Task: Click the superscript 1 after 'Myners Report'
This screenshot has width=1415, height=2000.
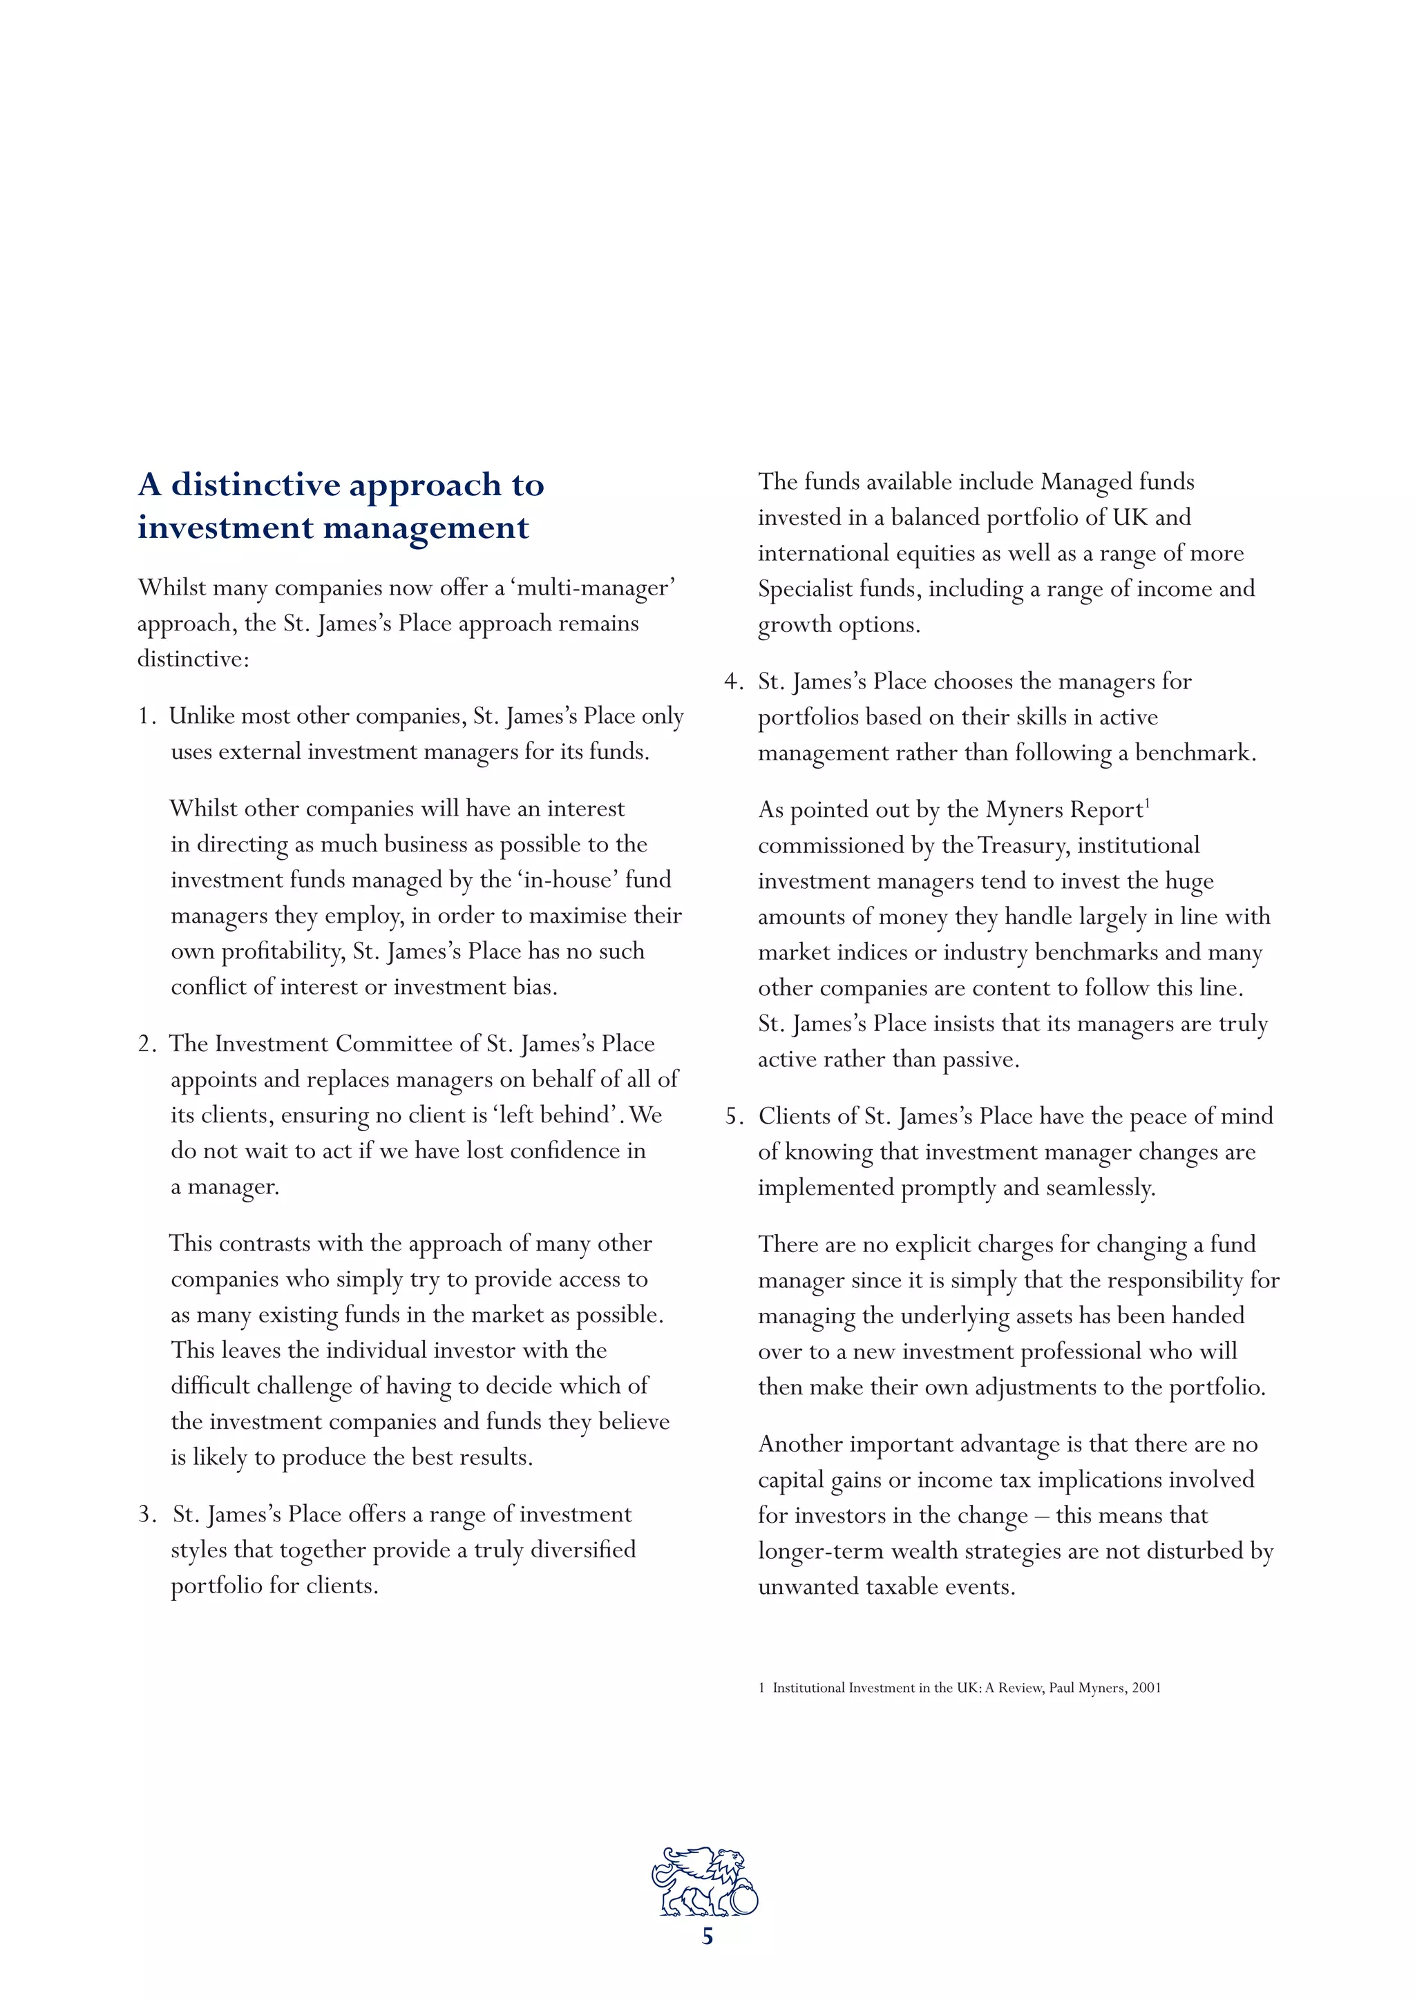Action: pos(1148,803)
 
